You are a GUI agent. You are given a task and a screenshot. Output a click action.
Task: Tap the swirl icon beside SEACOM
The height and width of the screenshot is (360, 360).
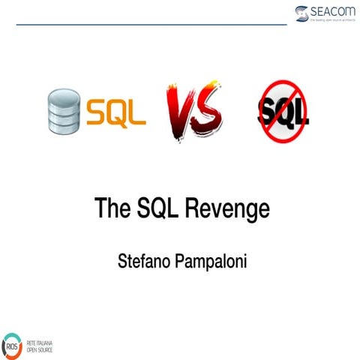click(301, 13)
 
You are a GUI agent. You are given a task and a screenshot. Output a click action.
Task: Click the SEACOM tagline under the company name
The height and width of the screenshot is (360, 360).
click(331, 21)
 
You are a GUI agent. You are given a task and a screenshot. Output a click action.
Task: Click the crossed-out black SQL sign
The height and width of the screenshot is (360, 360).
click(283, 113)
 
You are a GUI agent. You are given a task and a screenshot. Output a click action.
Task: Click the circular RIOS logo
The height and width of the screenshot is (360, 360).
click(13, 345)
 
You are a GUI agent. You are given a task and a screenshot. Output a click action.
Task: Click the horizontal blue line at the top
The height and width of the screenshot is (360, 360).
click(150, 24)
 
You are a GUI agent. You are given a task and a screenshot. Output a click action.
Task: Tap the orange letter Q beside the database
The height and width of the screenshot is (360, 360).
click(116, 112)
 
